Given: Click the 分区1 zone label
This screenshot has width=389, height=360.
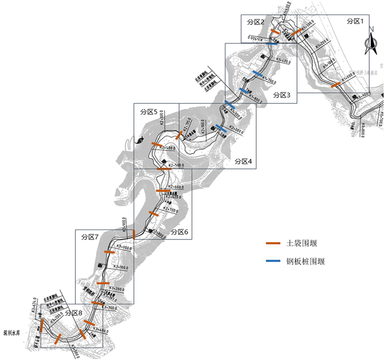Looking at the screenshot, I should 358,21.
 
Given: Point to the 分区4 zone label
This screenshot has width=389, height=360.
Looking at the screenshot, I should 243,162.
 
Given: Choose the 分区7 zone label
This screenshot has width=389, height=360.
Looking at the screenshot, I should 90,236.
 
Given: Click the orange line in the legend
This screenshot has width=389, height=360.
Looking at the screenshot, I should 273,244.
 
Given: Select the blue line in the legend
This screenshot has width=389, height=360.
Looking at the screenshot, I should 273,261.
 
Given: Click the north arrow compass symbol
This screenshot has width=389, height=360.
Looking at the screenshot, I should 372,45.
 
